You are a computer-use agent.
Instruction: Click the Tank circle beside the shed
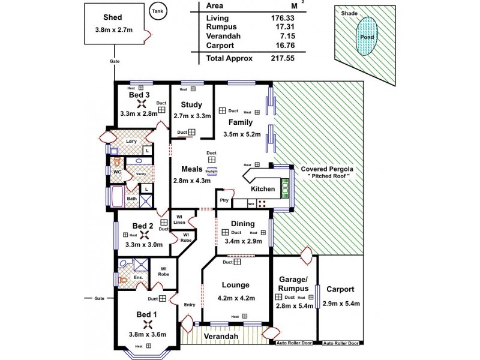[x=157, y=13]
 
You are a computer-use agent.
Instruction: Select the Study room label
[x=192, y=104]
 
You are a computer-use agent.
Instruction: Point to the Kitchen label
[x=263, y=189]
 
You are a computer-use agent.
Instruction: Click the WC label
[x=118, y=172]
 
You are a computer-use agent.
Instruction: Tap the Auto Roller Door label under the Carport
[x=340, y=344]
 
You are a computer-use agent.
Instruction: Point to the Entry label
[x=190, y=304]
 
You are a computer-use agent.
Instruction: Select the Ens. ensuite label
[x=138, y=278]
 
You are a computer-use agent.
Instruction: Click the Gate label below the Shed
[x=114, y=61]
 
